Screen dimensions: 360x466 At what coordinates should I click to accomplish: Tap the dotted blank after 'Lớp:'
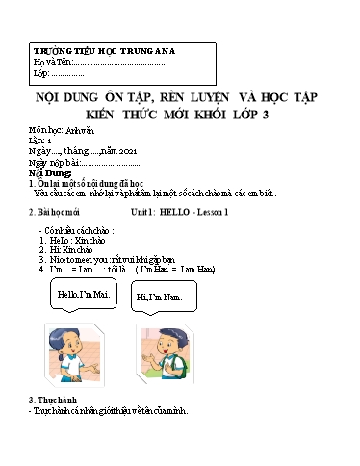[67, 73]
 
